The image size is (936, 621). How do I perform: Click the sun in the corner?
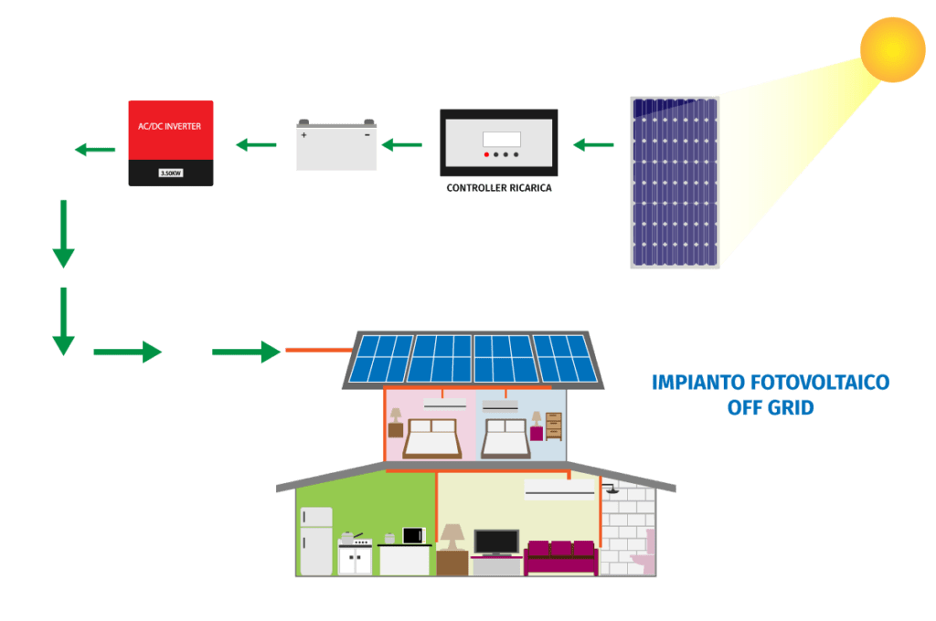[x=892, y=49]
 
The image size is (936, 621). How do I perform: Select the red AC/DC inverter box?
[x=170, y=142]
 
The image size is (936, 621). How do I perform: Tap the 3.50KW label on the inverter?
[x=170, y=173]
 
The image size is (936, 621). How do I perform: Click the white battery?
[x=336, y=146]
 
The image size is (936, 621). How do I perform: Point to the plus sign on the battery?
[x=304, y=135]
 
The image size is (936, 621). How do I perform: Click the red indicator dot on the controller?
[x=485, y=155]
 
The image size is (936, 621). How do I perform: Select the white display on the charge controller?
[x=501, y=139]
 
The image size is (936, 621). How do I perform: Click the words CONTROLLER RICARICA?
[x=499, y=187]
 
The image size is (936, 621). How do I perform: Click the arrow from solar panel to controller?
[x=594, y=144]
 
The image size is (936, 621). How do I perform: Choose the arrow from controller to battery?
[x=402, y=144]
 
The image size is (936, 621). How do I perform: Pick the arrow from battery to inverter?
[x=257, y=144]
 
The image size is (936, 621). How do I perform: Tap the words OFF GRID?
[x=770, y=407]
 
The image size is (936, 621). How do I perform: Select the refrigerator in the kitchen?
[x=315, y=541]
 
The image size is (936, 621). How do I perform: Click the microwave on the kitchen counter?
[x=414, y=535]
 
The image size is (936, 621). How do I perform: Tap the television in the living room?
[x=496, y=542]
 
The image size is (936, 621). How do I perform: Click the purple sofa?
[x=560, y=556]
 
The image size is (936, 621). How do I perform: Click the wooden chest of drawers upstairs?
[x=553, y=426]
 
